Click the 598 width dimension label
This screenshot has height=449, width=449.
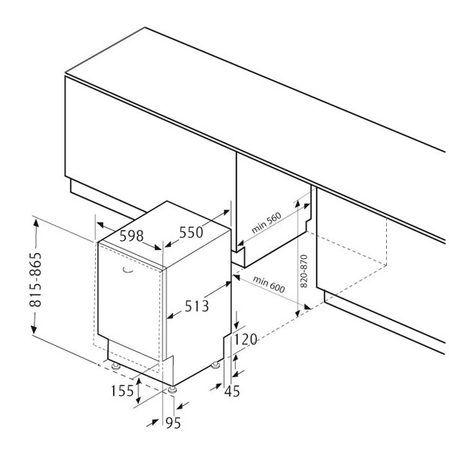[132, 236]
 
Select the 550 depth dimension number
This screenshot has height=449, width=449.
[191, 232]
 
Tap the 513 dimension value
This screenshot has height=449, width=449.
[197, 306]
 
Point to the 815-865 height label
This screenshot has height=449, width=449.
[36, 279]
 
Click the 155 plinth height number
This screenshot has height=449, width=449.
[122, 391]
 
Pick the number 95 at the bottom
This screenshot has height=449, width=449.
[174, 423]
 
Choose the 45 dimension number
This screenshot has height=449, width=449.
[232, 391]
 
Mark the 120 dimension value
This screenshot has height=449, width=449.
[245, 340]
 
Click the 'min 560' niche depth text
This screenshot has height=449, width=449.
[266, 223]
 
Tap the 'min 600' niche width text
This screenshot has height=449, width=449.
[269, 284]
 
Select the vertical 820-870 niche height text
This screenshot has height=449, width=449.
[304, 271]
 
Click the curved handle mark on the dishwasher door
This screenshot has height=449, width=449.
[127, 270]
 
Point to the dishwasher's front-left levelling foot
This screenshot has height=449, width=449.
[116, 366]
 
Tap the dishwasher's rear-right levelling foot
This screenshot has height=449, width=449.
[216, 365]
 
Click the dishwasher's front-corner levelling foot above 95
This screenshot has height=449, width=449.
[172, 390]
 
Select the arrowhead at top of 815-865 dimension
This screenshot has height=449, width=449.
[36, 222]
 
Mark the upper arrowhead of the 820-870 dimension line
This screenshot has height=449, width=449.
[298, 203]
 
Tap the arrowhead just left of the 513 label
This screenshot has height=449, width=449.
[170, 316]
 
